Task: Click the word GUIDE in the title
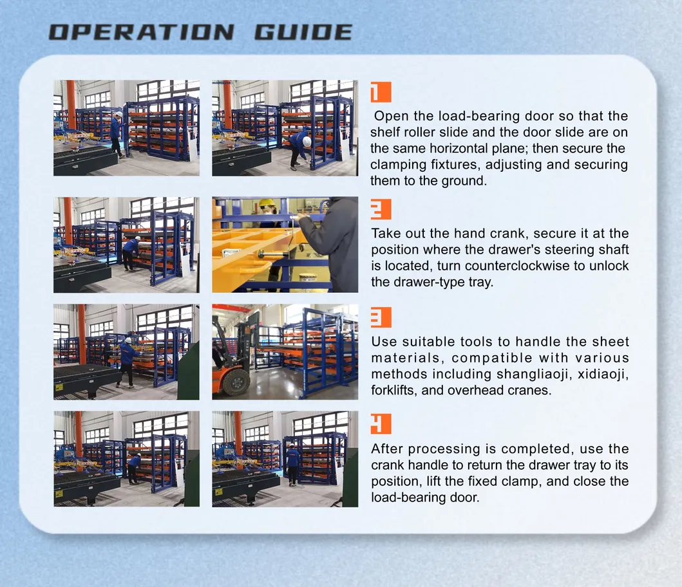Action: [x=303, y=32]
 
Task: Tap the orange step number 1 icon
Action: [x=380, y=93]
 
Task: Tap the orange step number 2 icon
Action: [x=380, y=210]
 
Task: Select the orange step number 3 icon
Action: [x=380, y=317]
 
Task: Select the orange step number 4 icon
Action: [x=380, y=424]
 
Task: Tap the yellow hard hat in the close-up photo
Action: [x=266, y=203]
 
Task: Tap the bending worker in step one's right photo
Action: [x=299, y=147]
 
